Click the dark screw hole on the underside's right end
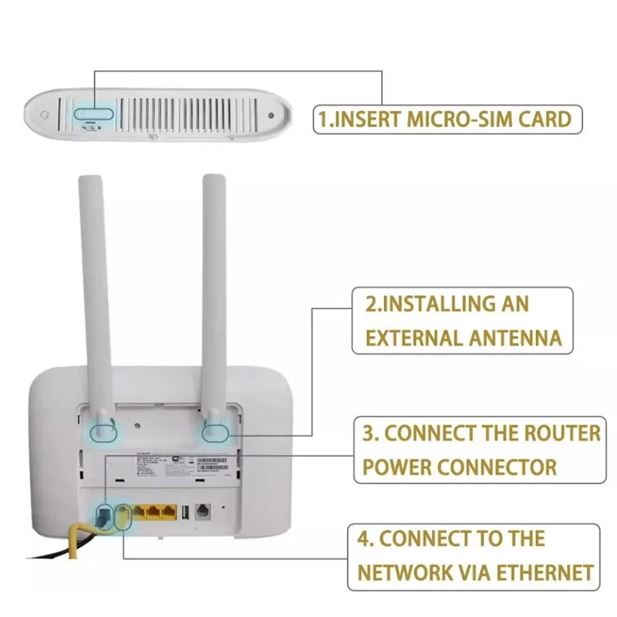coord(271,116)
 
